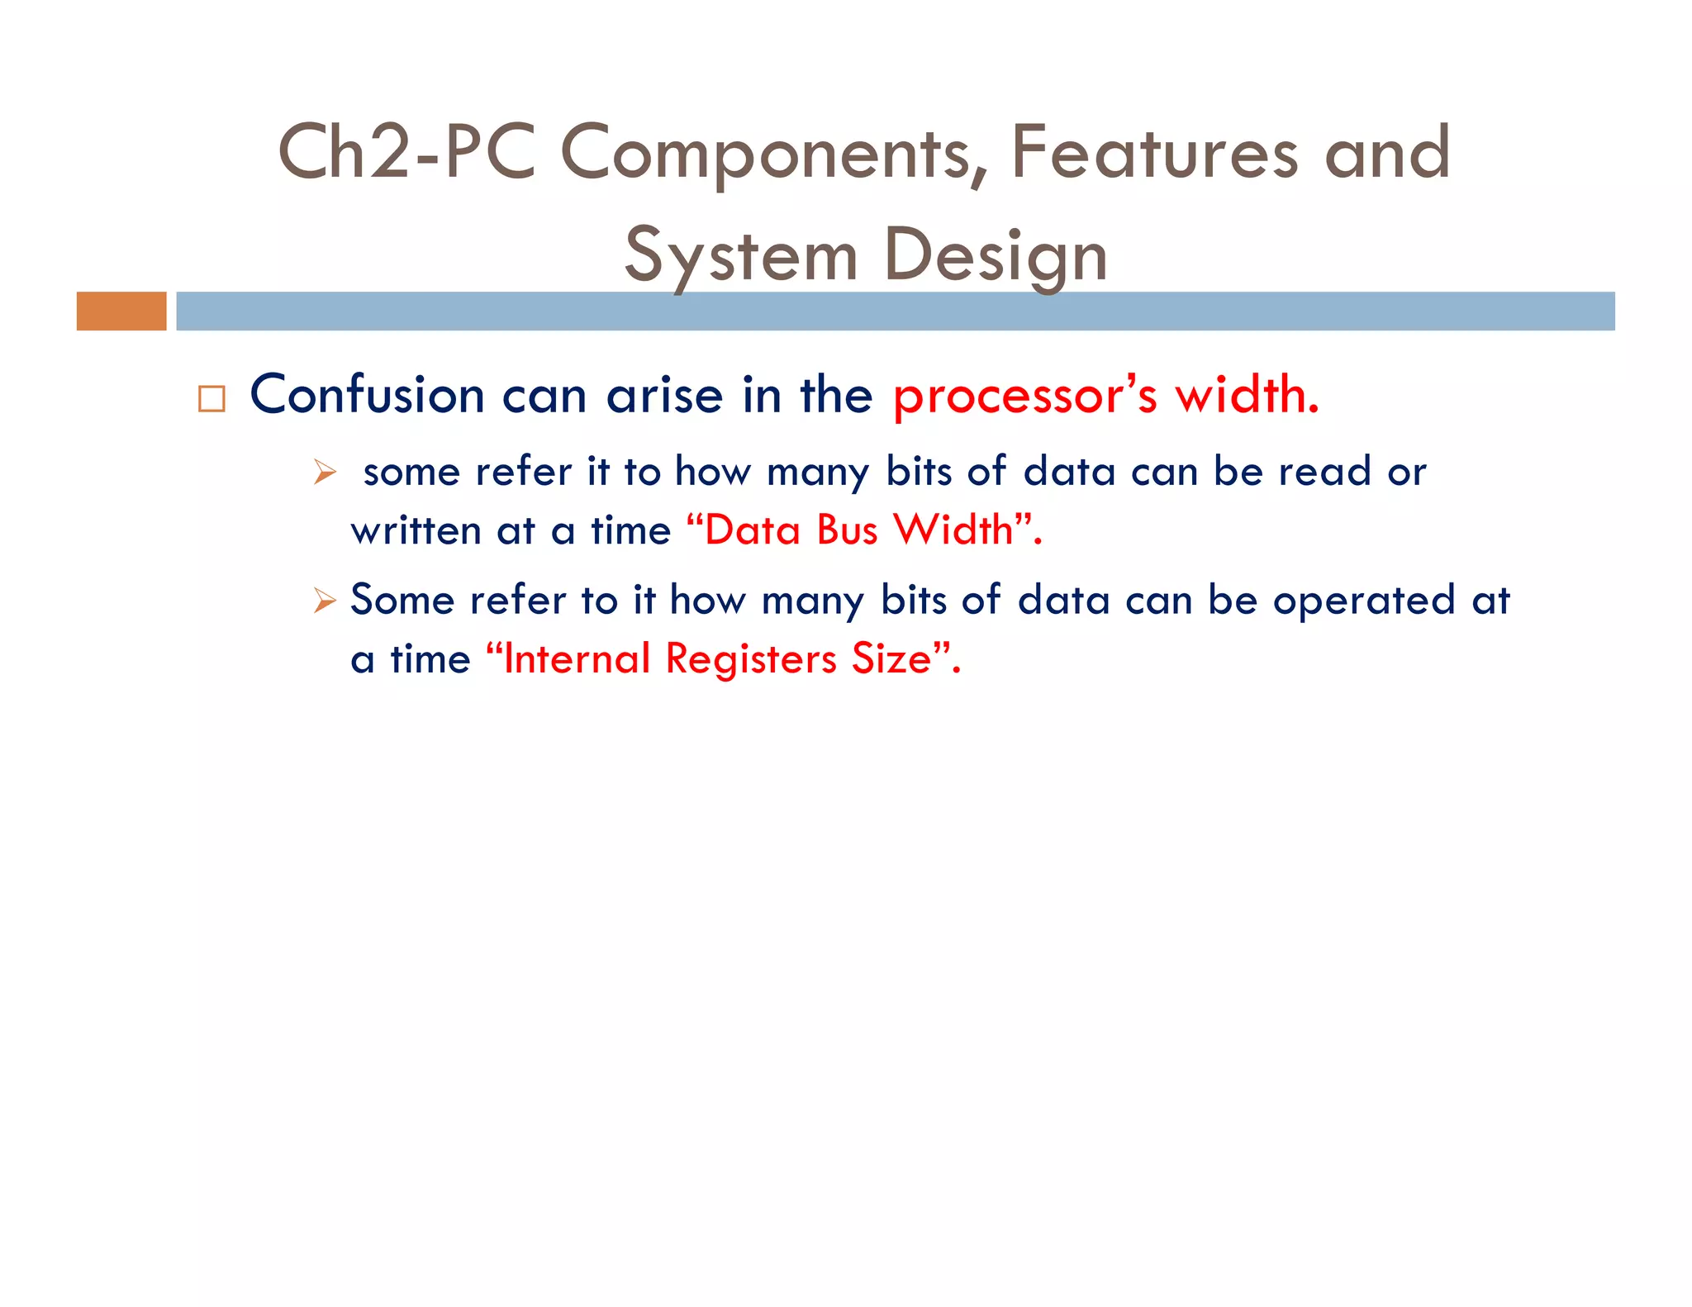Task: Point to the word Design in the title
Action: point(995,256)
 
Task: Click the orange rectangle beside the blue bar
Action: point(121,311)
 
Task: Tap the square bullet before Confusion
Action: point(211,399)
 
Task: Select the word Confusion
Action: point(367,395)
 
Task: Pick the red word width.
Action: point(1247,395)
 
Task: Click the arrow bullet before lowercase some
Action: point(325,473)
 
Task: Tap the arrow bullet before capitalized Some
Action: point(325,601)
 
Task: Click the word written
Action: point(416,530)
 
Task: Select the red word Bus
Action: point(846,530)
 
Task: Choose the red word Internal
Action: point(577,659)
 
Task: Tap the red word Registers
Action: point(751,659)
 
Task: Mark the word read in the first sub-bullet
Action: point(1324,473)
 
